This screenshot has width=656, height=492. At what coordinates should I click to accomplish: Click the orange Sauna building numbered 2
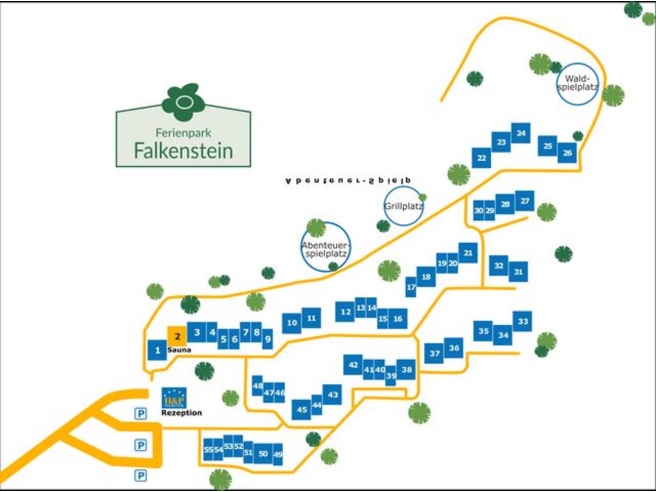tap(177, 336)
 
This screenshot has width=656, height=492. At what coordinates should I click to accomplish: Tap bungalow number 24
tap(521, 133)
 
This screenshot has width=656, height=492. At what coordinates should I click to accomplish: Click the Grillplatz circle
tap(403, 206)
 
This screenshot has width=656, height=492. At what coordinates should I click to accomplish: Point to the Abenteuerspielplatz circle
tap(326, 246)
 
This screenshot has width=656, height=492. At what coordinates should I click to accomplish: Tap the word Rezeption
tap(181, 413)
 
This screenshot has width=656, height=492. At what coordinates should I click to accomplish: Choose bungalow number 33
tap(523, 321)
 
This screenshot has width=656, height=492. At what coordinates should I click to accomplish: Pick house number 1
tap(157, 350)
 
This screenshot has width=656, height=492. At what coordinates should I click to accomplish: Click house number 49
tap(278, 454)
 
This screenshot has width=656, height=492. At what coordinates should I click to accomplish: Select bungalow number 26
tap(567, 153)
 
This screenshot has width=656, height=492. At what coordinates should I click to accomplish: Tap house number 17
tap(411, 287)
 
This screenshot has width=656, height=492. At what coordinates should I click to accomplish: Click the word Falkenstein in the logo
tap(183, 150)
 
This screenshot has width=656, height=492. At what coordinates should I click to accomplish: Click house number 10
tap(292, 323)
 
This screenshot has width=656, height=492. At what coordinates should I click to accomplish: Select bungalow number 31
tap(519, 272)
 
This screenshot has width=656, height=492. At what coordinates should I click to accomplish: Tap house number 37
tap(435, 354)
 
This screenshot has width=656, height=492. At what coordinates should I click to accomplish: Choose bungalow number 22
tap(482, 158)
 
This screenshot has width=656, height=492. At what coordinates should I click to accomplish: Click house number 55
tap(208, 449)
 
